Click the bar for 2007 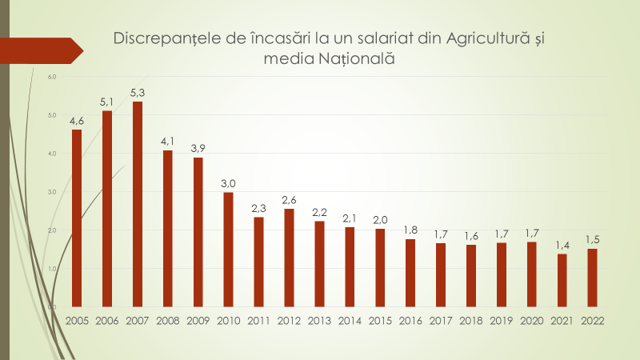tap(138, 204)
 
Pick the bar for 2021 tap(562, 280)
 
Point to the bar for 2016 tap(410, 273)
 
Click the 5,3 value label tap(138, 93)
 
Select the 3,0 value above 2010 tap(228, 184)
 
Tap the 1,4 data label tap(562, 245)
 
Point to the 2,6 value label tap(289, 200)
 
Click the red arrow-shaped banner tap(40, 50)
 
